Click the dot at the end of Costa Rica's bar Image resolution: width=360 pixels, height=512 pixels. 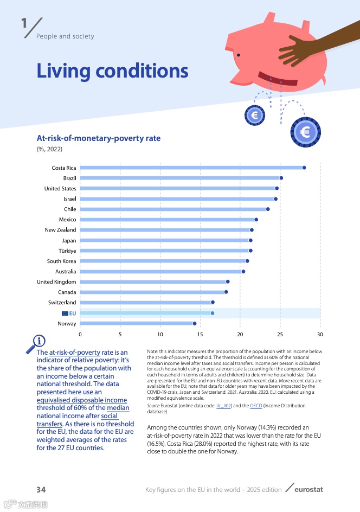coord(304,168)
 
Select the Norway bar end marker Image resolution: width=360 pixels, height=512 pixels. coord(195,324)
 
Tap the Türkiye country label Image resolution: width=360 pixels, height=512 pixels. coord(67,251)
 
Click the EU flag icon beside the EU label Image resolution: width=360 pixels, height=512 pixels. coord(65,313)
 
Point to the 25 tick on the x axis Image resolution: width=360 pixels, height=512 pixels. coord(280,335)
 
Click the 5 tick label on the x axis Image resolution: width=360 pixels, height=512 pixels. coord(120,335)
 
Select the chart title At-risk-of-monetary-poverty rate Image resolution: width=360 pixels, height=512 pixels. coord(98,138)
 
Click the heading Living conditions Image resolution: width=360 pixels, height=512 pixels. coord(112,71)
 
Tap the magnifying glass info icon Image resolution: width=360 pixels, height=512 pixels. coord(38,342)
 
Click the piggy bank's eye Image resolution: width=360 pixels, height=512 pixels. coord(238,55)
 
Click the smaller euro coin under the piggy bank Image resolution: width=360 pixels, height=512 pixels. coord(255,114)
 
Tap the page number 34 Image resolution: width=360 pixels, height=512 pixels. coord(41,490)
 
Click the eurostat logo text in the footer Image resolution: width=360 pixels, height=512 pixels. coord(308,490)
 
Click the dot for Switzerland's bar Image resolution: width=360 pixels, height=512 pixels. coord(213,302)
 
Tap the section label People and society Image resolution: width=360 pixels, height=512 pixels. coord(65,36)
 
